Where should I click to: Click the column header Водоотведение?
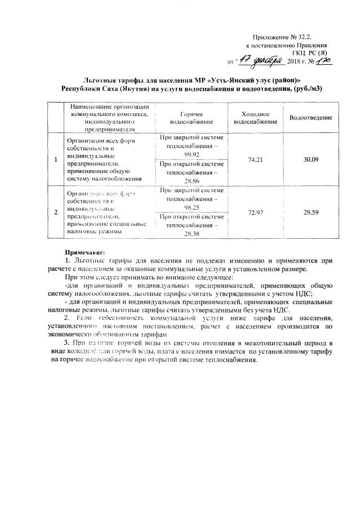[310, 117]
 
